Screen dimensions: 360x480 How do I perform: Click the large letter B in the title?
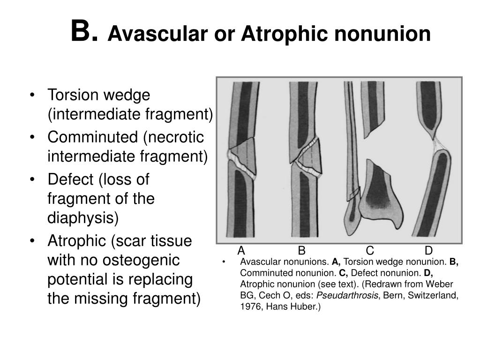(x=83, y=32)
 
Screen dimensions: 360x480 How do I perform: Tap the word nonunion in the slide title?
(x=391, y=34)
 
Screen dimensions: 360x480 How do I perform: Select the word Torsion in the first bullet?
(x=70, y=95)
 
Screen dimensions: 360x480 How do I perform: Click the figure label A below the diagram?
(x=241, y=250)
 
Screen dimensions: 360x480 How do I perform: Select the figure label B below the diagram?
(x=301, y=250)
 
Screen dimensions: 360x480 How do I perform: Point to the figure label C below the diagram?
(x=370, y=250)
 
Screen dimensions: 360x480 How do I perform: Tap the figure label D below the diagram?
(x=428, y=250)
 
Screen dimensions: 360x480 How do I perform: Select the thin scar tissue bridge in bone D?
(x=438, y=142)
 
